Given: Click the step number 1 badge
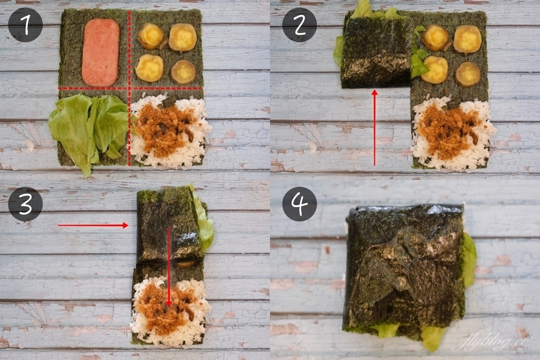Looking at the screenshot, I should [25, 25].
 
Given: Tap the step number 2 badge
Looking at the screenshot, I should [300, 25].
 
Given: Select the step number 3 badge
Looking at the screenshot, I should [25, 204].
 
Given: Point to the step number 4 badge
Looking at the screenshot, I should [300, 204].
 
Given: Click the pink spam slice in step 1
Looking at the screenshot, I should [100, 52].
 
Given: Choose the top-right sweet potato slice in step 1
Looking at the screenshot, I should [182, 37].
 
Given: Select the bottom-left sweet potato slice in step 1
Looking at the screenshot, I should [150, 69].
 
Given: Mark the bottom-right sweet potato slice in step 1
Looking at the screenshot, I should [183, 72].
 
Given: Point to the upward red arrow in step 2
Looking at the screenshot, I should [374, 127].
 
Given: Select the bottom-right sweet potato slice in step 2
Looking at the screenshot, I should [467, 74].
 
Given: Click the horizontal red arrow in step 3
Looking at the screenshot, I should [93, 226].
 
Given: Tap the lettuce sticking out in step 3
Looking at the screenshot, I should [205, 221].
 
